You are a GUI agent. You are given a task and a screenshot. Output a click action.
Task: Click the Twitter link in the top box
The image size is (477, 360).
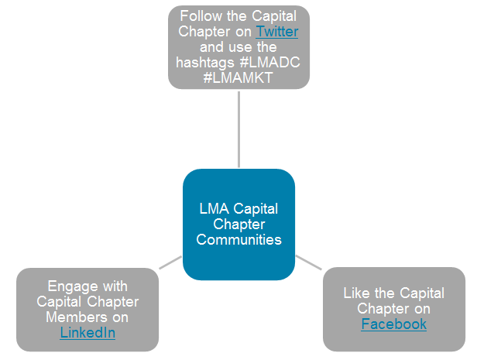276,32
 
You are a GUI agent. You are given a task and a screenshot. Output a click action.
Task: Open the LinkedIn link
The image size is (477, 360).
88,333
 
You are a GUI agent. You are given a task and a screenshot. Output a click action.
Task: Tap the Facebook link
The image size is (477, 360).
393,324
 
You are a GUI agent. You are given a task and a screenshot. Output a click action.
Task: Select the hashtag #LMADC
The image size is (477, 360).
273,63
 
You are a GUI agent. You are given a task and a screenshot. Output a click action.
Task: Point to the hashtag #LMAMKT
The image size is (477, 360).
238,77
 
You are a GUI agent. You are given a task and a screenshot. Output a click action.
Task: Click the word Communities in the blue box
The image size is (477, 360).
238,239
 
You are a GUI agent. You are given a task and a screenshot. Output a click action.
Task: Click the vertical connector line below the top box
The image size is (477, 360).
238,128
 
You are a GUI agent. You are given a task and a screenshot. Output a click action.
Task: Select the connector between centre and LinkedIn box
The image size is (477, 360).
170,263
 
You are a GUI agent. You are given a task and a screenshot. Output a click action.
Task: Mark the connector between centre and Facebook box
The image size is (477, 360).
308,262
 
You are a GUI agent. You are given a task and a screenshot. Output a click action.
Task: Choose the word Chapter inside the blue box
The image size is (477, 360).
238,225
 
